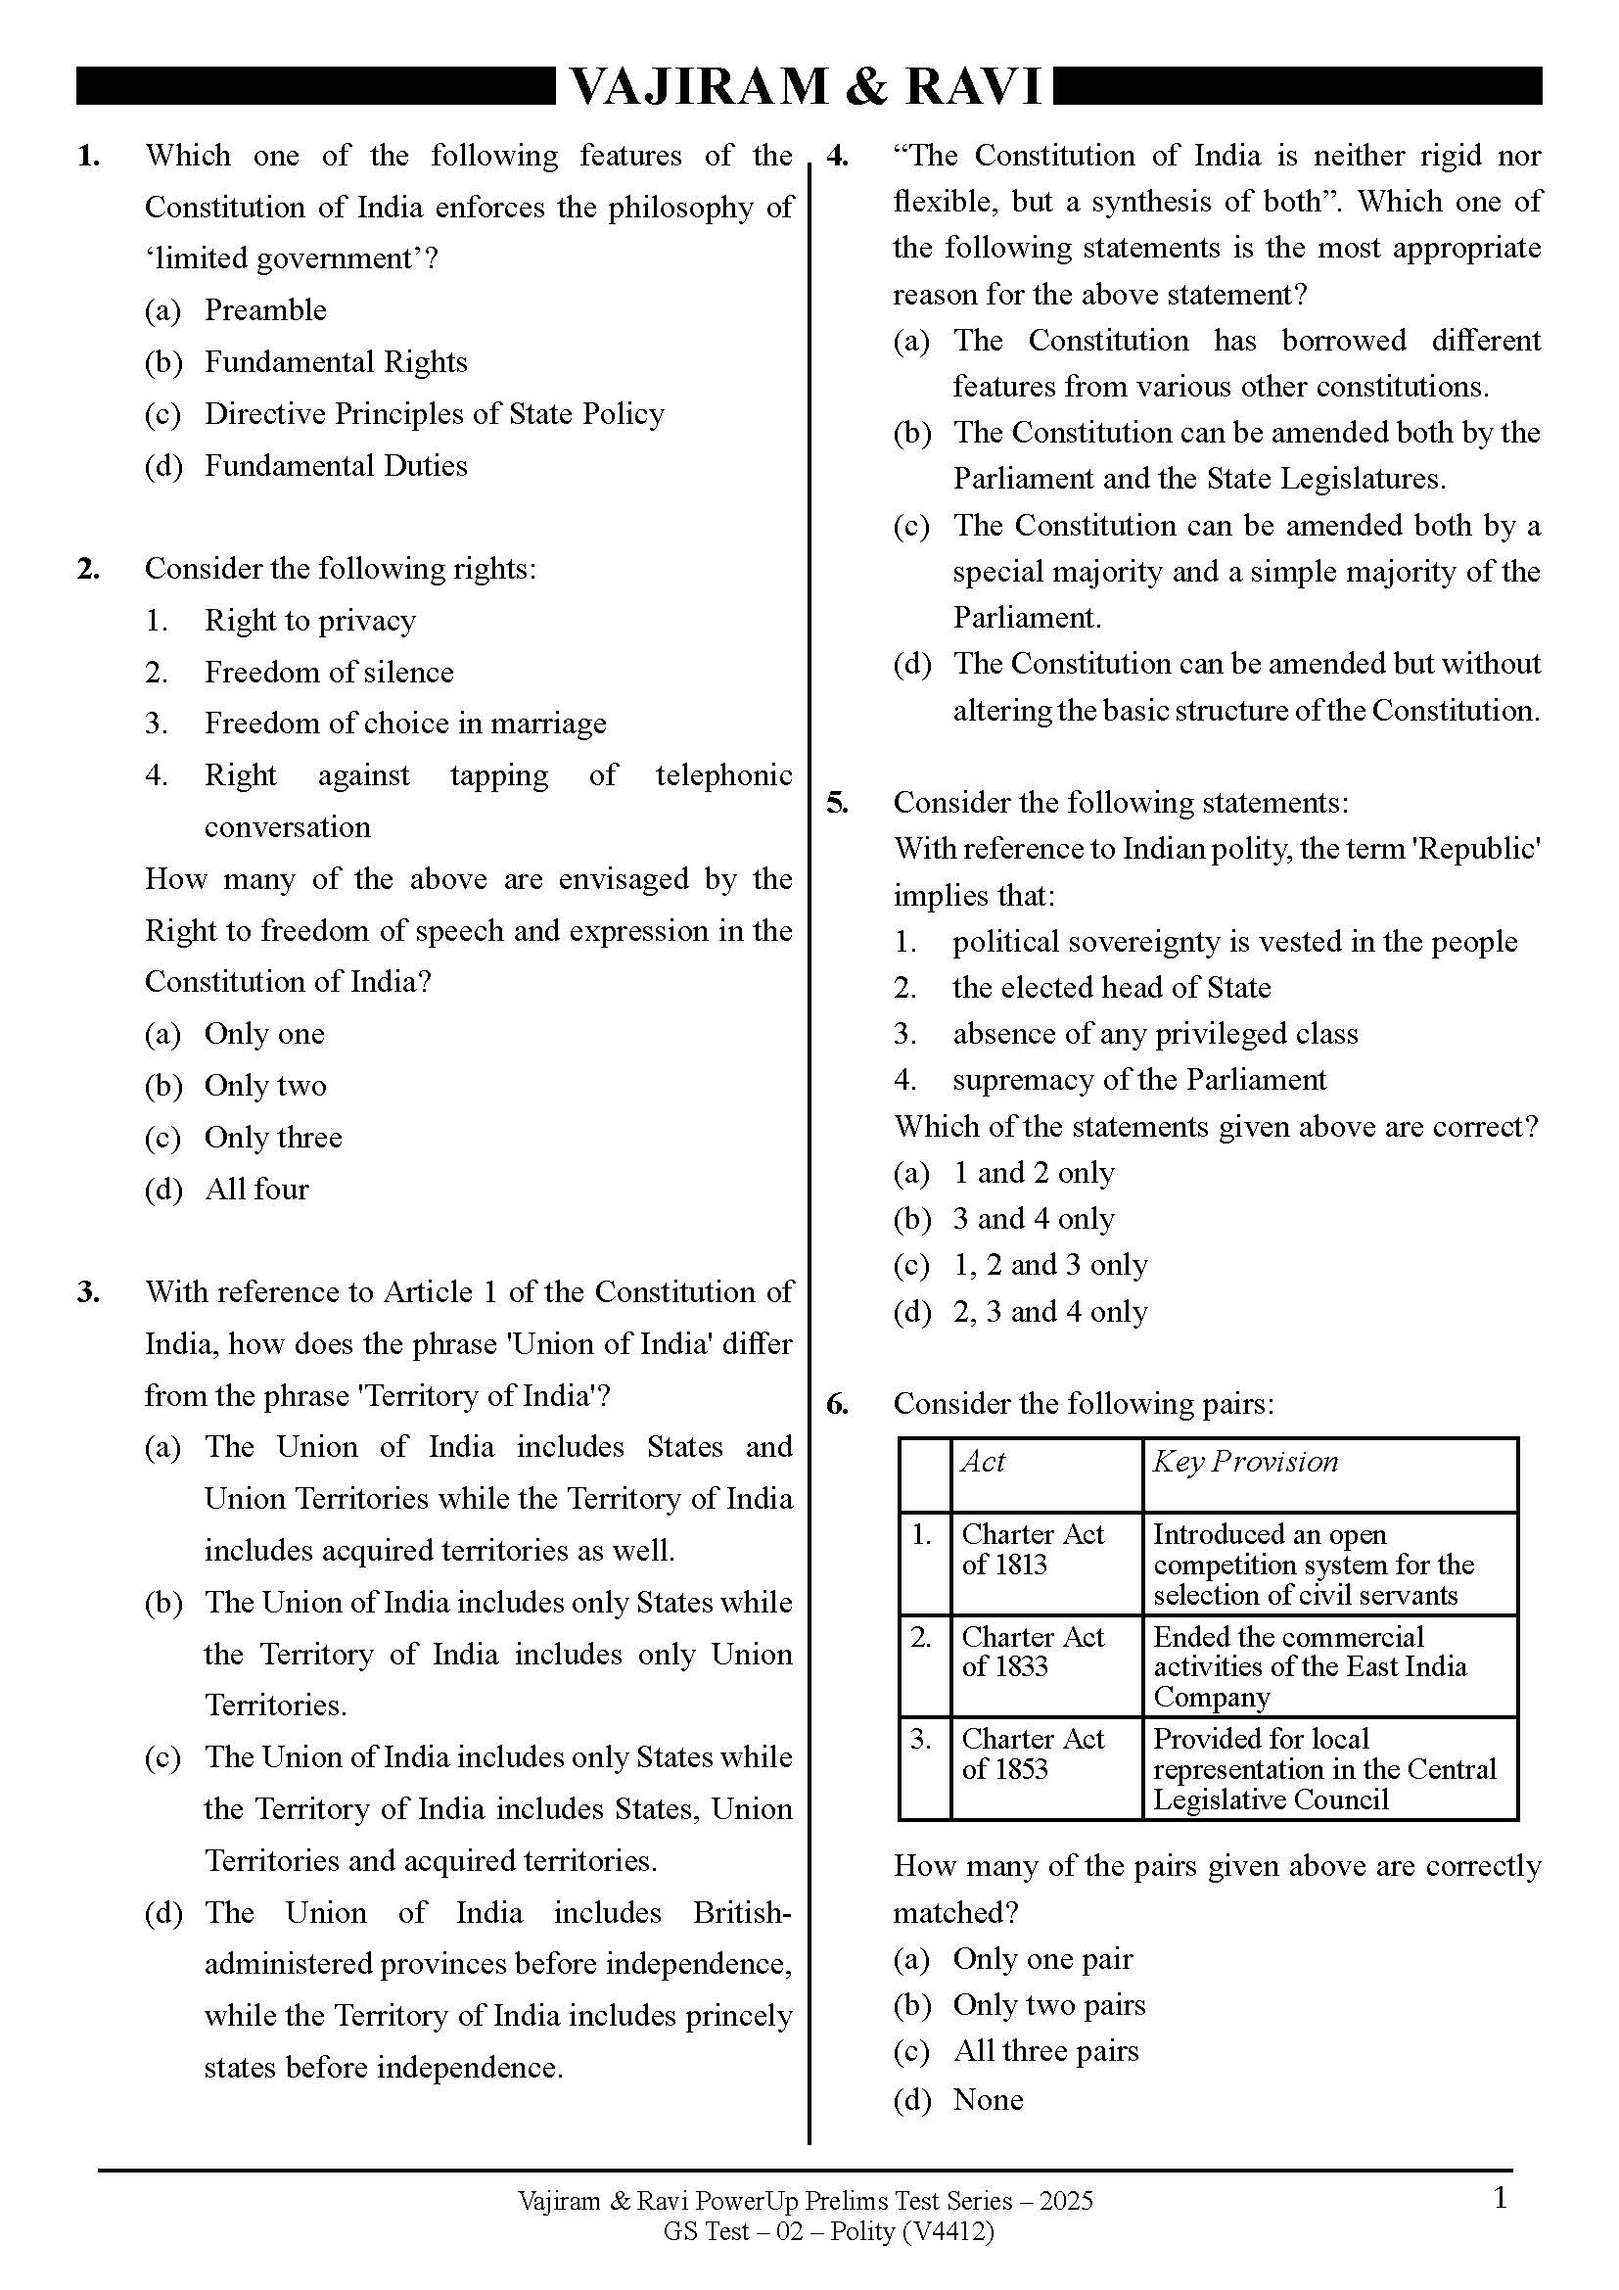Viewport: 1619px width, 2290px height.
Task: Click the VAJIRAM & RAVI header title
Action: (x=806, y=87)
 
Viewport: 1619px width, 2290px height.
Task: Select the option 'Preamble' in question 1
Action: (x=264, y=310)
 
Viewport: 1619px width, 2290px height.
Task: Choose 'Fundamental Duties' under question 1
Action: (x=335, y=466)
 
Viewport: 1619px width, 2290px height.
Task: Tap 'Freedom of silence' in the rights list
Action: (x=328, y=673)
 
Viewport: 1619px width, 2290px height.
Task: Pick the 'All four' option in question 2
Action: (x=256, y=1189)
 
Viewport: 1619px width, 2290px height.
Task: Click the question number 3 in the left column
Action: (x=89, y=1292)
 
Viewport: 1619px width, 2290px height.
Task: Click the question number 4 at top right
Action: (x=838, y=157)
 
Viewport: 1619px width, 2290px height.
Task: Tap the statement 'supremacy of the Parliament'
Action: (x=1138, y=1080)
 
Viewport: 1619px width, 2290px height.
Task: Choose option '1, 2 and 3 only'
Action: (x=1049, y=1265)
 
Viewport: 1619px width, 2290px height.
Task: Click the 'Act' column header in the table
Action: (x=983, y=1462)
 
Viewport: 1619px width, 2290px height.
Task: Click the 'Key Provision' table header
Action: (x=1244, y=1462)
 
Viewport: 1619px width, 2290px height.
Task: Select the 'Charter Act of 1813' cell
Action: (x=1033, y=1549)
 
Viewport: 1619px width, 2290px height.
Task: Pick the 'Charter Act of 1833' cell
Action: (x=1033, y=1652)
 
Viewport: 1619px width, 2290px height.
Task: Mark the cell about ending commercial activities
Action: (x=1309, y=1666)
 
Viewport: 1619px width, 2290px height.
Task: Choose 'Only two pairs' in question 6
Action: (x=1048, y=2005)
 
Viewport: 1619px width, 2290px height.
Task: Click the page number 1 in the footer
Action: (x=1501, y=2198)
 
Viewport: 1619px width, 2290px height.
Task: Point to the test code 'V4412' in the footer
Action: (x=948, y=2231)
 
